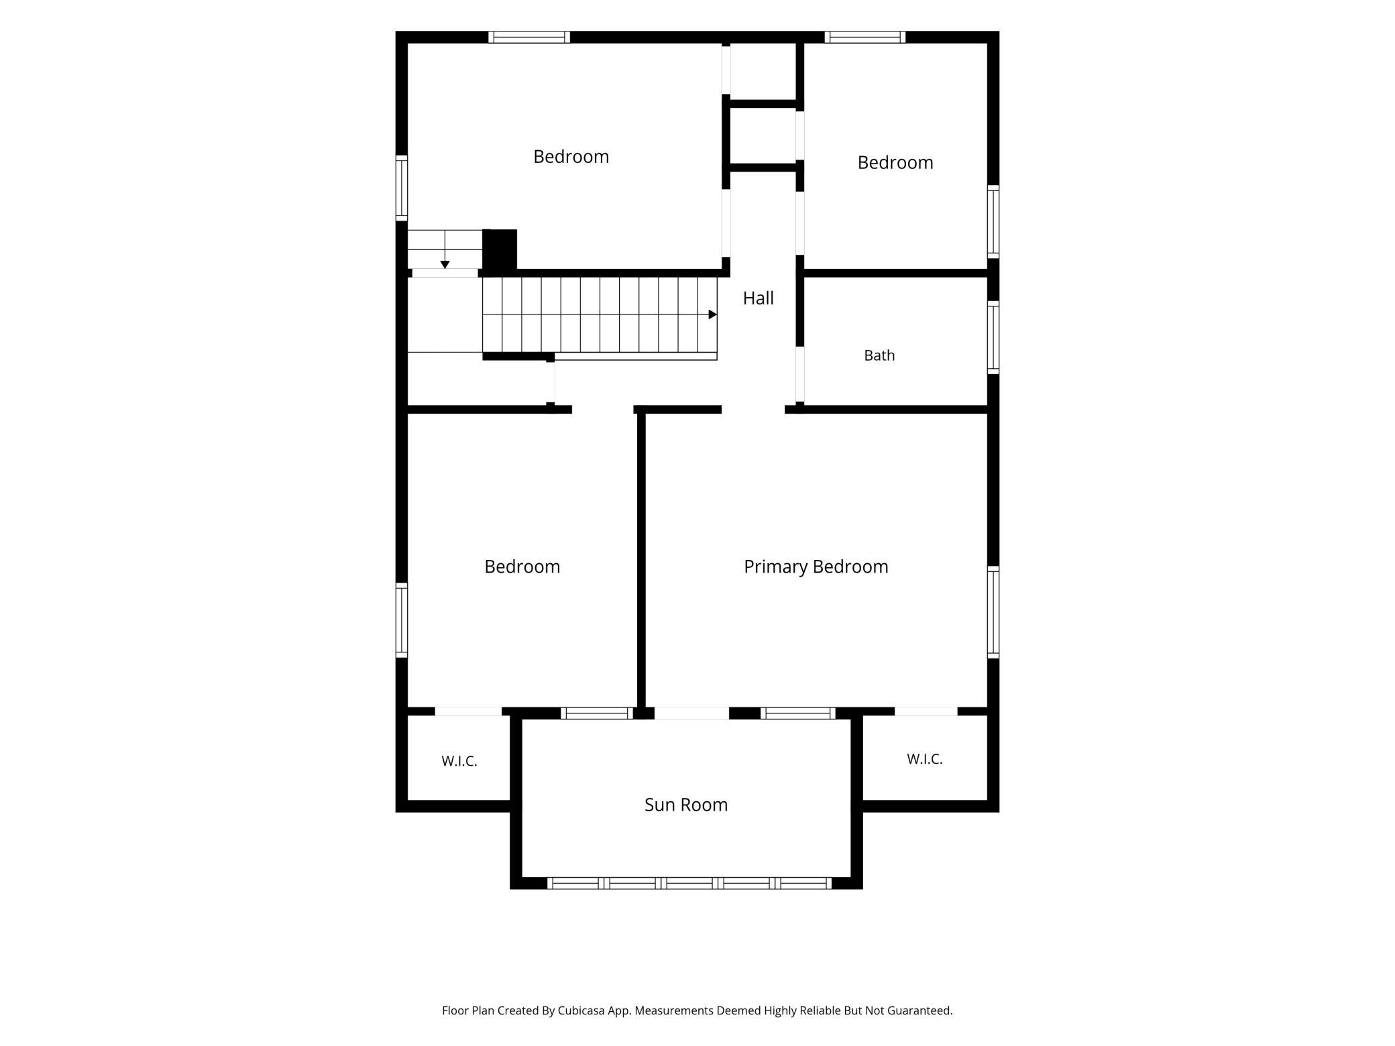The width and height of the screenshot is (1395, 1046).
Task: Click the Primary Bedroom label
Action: click(816, 567)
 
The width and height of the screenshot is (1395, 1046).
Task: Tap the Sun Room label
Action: click(686, 805)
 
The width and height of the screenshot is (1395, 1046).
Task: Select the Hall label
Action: click(758, 298)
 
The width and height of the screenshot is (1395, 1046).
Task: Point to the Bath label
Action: click(879, 355)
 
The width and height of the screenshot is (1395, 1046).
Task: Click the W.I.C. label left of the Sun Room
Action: click(459, 761)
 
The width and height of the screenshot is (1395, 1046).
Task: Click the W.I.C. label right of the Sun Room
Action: click(925, 759)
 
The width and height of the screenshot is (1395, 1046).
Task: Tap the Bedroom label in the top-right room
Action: click(895, 162)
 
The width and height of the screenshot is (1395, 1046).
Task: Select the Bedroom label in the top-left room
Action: click(571, 156)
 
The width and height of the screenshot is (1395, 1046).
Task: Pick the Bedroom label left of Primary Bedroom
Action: click(522, 567)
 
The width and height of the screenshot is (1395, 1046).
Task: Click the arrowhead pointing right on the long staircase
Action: click(713, 314)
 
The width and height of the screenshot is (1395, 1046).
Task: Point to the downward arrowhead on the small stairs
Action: click(445, 265)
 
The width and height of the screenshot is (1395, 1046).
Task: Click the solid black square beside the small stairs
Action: click(500, 251)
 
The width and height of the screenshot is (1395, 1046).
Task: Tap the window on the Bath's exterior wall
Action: click(993, 337)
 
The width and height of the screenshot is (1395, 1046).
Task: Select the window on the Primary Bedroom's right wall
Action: click(993, 612)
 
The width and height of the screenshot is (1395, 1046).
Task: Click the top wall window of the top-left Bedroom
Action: click(529, 37)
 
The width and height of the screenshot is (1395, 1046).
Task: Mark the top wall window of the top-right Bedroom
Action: click(865, 37)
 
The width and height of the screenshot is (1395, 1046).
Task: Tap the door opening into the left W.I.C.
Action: click(468, 711)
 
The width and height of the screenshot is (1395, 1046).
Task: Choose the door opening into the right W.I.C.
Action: click(926, 711)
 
